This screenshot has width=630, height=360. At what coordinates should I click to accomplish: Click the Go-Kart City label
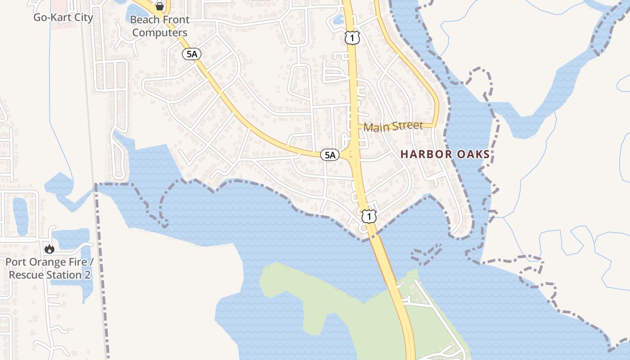pyautogui.click(x=63, y=18)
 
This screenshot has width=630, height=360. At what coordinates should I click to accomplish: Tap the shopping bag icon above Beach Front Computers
pyautogui.click(x=159, y=6)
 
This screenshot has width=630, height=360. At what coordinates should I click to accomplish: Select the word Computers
pyautogui.click(x=160, y=32)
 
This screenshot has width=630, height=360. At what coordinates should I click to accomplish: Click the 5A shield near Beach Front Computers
pyautogui.click(x=191, y=54)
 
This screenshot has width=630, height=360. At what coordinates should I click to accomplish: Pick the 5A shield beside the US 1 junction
pyautogui.click(x=330, y=155)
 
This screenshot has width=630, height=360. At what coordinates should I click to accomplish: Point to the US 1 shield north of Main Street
pyautogui.click(x=352, y=38)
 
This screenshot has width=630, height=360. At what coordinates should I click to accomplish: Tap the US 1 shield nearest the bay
pyautogui.click(x=369, y=217)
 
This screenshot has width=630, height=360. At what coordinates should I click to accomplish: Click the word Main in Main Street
pyautogui.click(x=376, y=127)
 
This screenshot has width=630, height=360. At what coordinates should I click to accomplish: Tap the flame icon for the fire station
pyautogui.click(x=49, y=249)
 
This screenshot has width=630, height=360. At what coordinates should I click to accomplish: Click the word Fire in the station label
pyautogui.click(x=77, y=262)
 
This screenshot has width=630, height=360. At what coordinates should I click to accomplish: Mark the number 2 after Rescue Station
pyautogui.click(x=87, y=274)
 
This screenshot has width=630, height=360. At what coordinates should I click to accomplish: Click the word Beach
pyautogui.click(x=144, y=20)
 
